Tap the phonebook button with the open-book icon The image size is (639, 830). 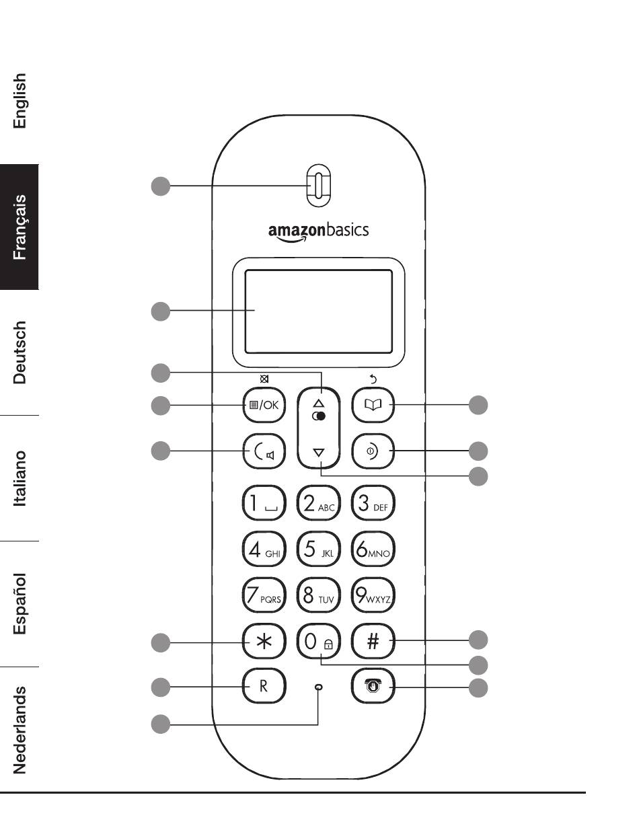click(373, 405)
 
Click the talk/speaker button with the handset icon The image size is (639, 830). click(264, 451)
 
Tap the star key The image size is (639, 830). click(264, 641)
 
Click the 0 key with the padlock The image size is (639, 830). click(318, 641)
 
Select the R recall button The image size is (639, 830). click(264, 685)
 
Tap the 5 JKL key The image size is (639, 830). click(318, 549)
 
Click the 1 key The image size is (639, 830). click(264, 502)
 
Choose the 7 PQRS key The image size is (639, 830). click(264, 595)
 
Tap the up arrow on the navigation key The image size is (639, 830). click(319, 404)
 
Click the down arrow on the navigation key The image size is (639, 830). click(319, 453)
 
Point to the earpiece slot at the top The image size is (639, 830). click(319, 186)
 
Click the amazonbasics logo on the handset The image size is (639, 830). click(318, 232)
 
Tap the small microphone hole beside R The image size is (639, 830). click(319, 687)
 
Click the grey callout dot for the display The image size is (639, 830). click(160, 311)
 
